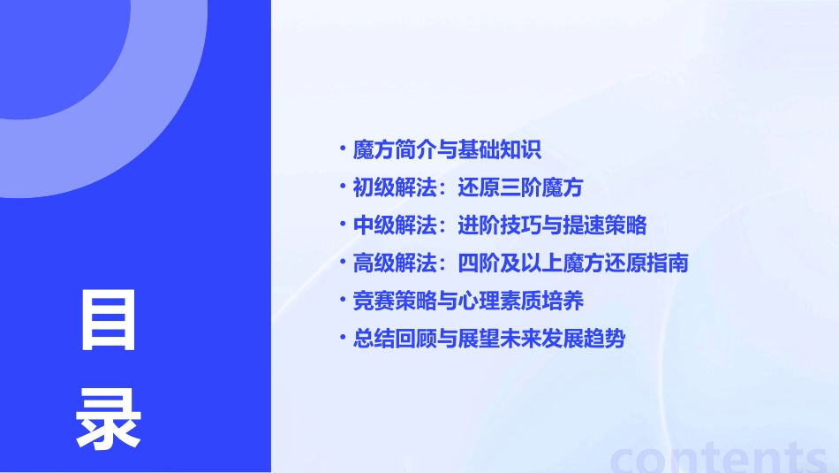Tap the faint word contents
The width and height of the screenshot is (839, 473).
[x=719, y=456]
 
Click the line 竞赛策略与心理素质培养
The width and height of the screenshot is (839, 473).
[x=468, y=301]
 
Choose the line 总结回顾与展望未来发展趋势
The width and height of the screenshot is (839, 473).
[x=488, y=339]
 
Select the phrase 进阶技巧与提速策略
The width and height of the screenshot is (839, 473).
[x=552, y=225]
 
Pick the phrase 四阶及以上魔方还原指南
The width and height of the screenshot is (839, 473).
[x=573, y=263]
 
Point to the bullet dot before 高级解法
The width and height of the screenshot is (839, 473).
[x=343, y=262]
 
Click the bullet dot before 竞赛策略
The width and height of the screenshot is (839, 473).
[x=343, y=300]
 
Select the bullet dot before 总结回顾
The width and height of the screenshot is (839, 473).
[x=343, y=338]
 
